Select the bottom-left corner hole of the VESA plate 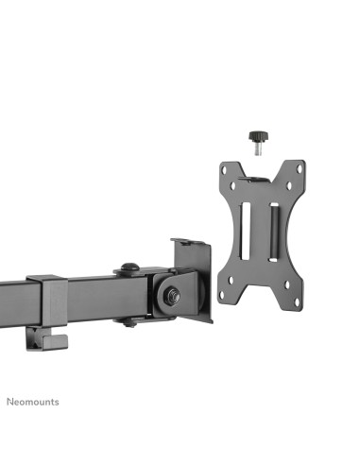(223, 296)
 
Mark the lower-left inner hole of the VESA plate (240, 279)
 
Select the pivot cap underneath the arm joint (131, 321)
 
